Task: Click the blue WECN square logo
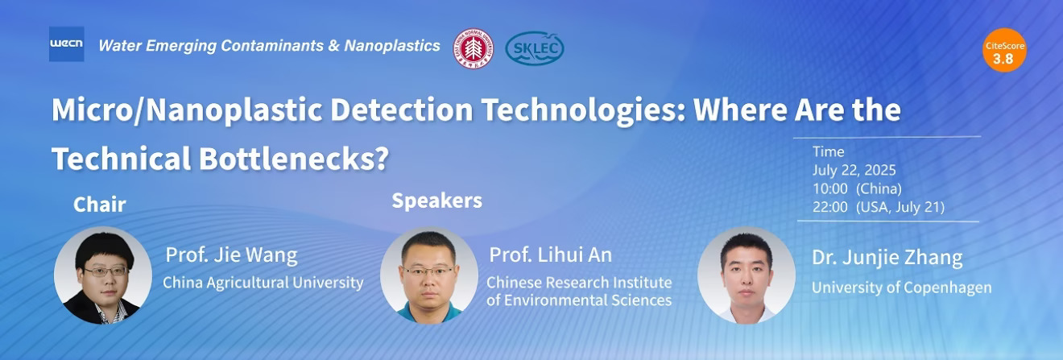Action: point(66,44)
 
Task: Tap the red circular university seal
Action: point(474,48)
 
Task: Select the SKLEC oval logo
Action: point(535,48)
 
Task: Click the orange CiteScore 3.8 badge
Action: point(1004,50)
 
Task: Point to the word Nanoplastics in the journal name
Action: point(392,46)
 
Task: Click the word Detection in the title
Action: point(402,110)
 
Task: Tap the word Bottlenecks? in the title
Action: point(294,159)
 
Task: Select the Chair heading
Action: point(100,205)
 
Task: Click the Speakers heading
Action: point(436,201)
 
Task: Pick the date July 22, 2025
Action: point(854,170)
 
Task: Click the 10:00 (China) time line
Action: point(857,188)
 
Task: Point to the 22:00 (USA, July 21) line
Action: point(879,207)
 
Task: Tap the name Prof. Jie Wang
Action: point(231,255)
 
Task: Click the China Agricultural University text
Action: point(263,283)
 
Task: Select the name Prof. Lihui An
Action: point(551,255)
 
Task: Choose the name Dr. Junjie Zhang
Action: point(887,258)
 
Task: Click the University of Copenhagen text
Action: point(902,288)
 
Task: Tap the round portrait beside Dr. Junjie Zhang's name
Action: point(747,275)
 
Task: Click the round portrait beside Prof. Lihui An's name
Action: point(429,275)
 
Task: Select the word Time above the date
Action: point(829,151)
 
